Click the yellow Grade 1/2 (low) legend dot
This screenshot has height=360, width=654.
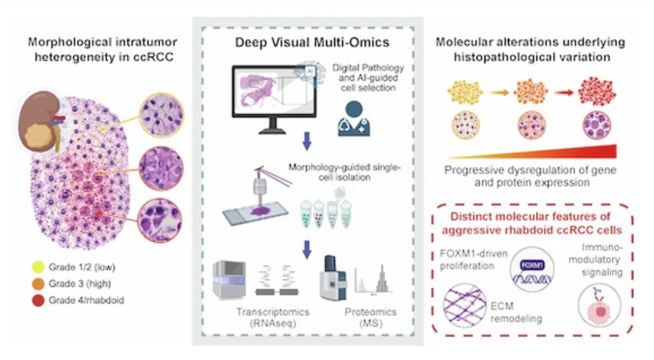(x=38, y=267)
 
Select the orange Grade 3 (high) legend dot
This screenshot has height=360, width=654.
(x=38, y=284)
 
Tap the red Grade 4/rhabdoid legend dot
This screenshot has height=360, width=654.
(x=38, y=301)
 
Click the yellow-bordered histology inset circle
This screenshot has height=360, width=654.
(x=162, y=115)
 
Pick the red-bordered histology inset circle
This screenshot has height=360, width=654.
(x=160, y=220)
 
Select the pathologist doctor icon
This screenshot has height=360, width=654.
(x=353, y=119)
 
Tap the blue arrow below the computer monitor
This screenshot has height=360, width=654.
(x=307, y=141)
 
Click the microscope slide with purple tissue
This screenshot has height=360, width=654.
(x=256, y=213)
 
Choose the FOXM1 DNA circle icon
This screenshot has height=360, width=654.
(x=532, y=270)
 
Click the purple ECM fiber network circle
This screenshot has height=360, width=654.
(x=465, y=305)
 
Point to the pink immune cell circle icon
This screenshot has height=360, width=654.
(x=599, y=305)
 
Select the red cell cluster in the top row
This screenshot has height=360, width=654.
(x=597, y=91)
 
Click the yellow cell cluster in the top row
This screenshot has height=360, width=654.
(x=465, y=92)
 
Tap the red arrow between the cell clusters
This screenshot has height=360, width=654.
(x=564, y=92)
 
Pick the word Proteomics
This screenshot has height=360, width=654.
(x=371, y=312)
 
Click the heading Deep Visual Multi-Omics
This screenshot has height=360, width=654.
(x=312, y=42)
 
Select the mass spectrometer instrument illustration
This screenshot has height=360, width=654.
(x=333, y=278)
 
